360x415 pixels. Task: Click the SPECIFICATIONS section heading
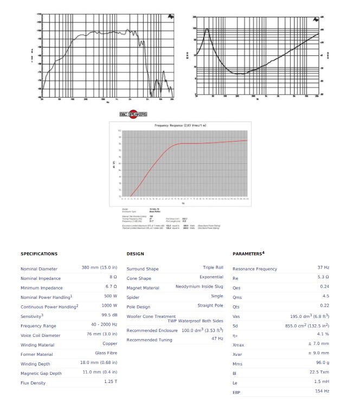39,254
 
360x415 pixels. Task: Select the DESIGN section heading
135,254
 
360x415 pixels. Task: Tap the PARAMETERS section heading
248,253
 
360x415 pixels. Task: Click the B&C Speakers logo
133,114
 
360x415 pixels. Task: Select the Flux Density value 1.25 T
111,382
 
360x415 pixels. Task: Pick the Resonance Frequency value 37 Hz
323,268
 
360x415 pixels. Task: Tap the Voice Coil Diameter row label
41,335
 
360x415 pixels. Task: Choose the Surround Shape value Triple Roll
213,268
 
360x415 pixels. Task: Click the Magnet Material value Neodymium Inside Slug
199,286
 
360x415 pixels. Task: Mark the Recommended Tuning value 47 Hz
217,339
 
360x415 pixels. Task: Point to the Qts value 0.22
324,305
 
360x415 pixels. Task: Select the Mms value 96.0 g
323,363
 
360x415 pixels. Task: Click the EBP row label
236,392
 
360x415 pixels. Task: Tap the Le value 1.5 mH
322,382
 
